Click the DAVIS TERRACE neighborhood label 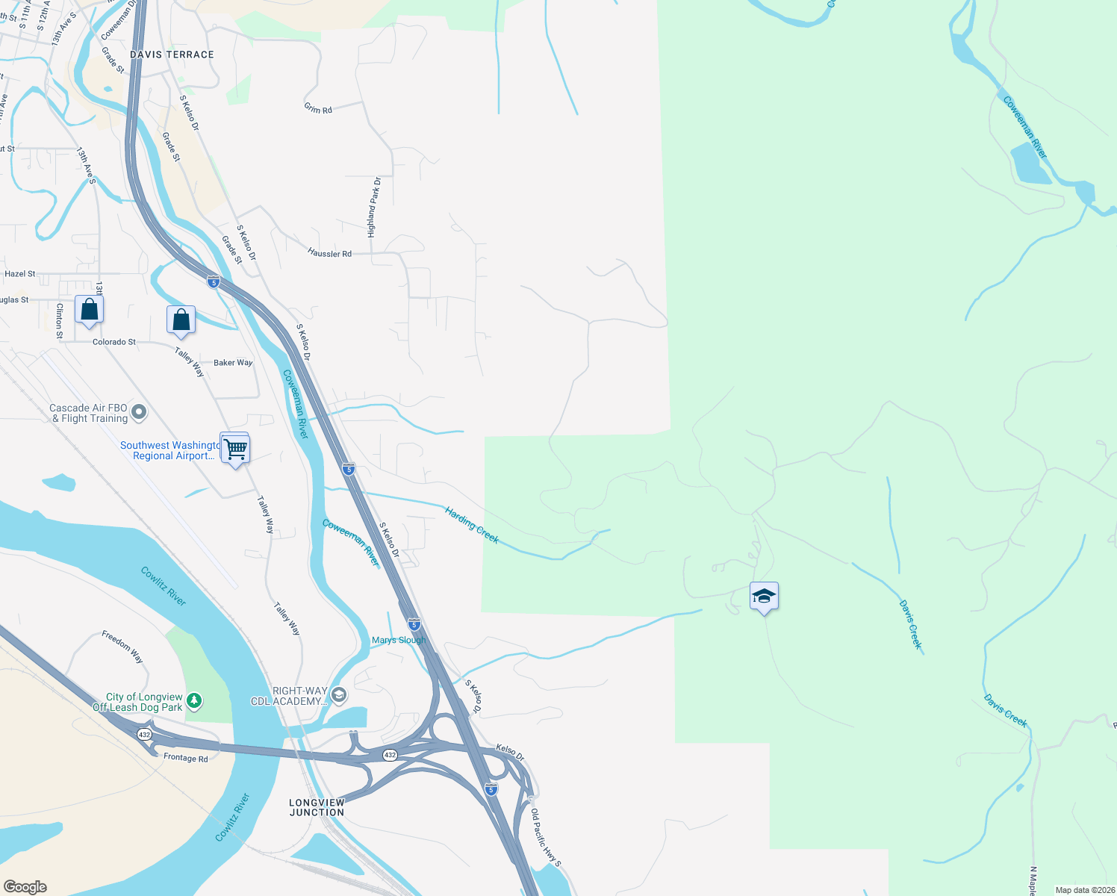[x=172, y=55]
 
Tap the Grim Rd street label [x=318, y=108]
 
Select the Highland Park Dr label [x=373, y=208]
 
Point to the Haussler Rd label [x=329, y=253]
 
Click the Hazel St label [x=20, y=274]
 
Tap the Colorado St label [x=114, y=342]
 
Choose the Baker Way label [x=233, y=363]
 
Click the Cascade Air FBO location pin [x=139, y=411]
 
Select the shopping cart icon [x=235, y=449]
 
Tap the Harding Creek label [x=472, y=525]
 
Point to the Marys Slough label [x=399, y=640]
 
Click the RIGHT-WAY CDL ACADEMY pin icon [x=339, y=695]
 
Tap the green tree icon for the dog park [x=194, y=700]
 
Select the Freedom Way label [x=122, y=647]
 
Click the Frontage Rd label [x=186, y=757]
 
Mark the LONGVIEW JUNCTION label [x=317, y=807]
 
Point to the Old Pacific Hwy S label [x=546, y=838]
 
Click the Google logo [x=25, y=886]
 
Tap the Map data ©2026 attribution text [x=1084, y=890]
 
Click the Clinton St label [x=59, y=321]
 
